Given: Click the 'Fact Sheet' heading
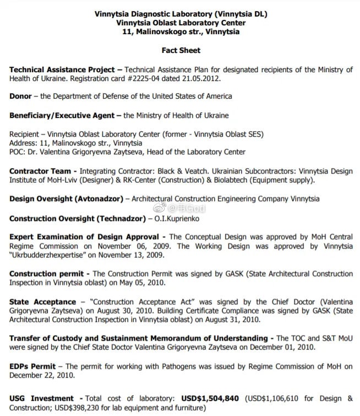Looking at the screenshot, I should [181, 50].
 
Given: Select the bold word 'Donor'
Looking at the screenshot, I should [20, 96].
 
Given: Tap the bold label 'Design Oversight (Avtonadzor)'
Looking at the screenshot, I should [66, 199].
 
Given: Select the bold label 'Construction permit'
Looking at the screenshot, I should [46, 274].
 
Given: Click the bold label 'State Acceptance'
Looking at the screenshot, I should [42, 302].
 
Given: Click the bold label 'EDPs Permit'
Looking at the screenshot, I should [32, 366].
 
